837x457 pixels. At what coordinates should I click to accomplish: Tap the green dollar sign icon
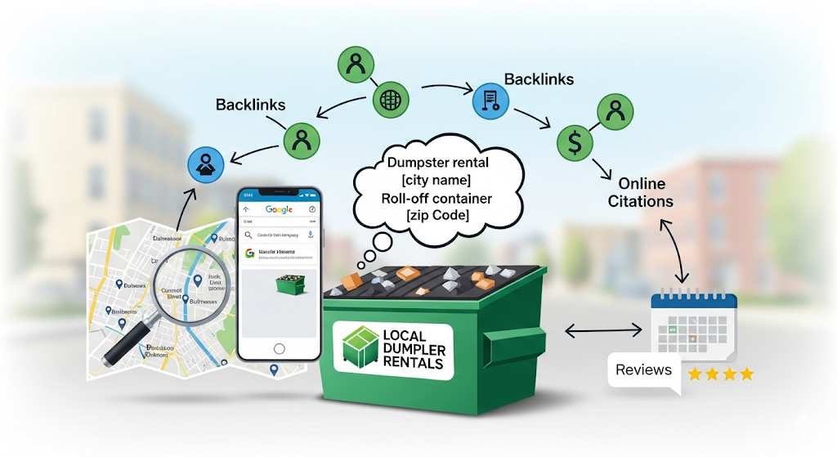(x=575, y=142)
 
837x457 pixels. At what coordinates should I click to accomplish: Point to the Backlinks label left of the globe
(x=251, y=105)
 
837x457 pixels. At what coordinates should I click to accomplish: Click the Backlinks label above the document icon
(x=539, y=79)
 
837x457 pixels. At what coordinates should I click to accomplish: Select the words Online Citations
(x=641, y=192)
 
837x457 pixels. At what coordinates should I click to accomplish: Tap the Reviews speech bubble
(x=644, y=370)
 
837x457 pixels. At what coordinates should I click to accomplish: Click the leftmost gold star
(x=696, y=374)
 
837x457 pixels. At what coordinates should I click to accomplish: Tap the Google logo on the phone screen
(x=279, y=210)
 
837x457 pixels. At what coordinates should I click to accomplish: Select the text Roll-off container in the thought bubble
(x=436, y=199)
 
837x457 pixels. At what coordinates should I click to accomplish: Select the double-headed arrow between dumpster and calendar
(x=604, y=331)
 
